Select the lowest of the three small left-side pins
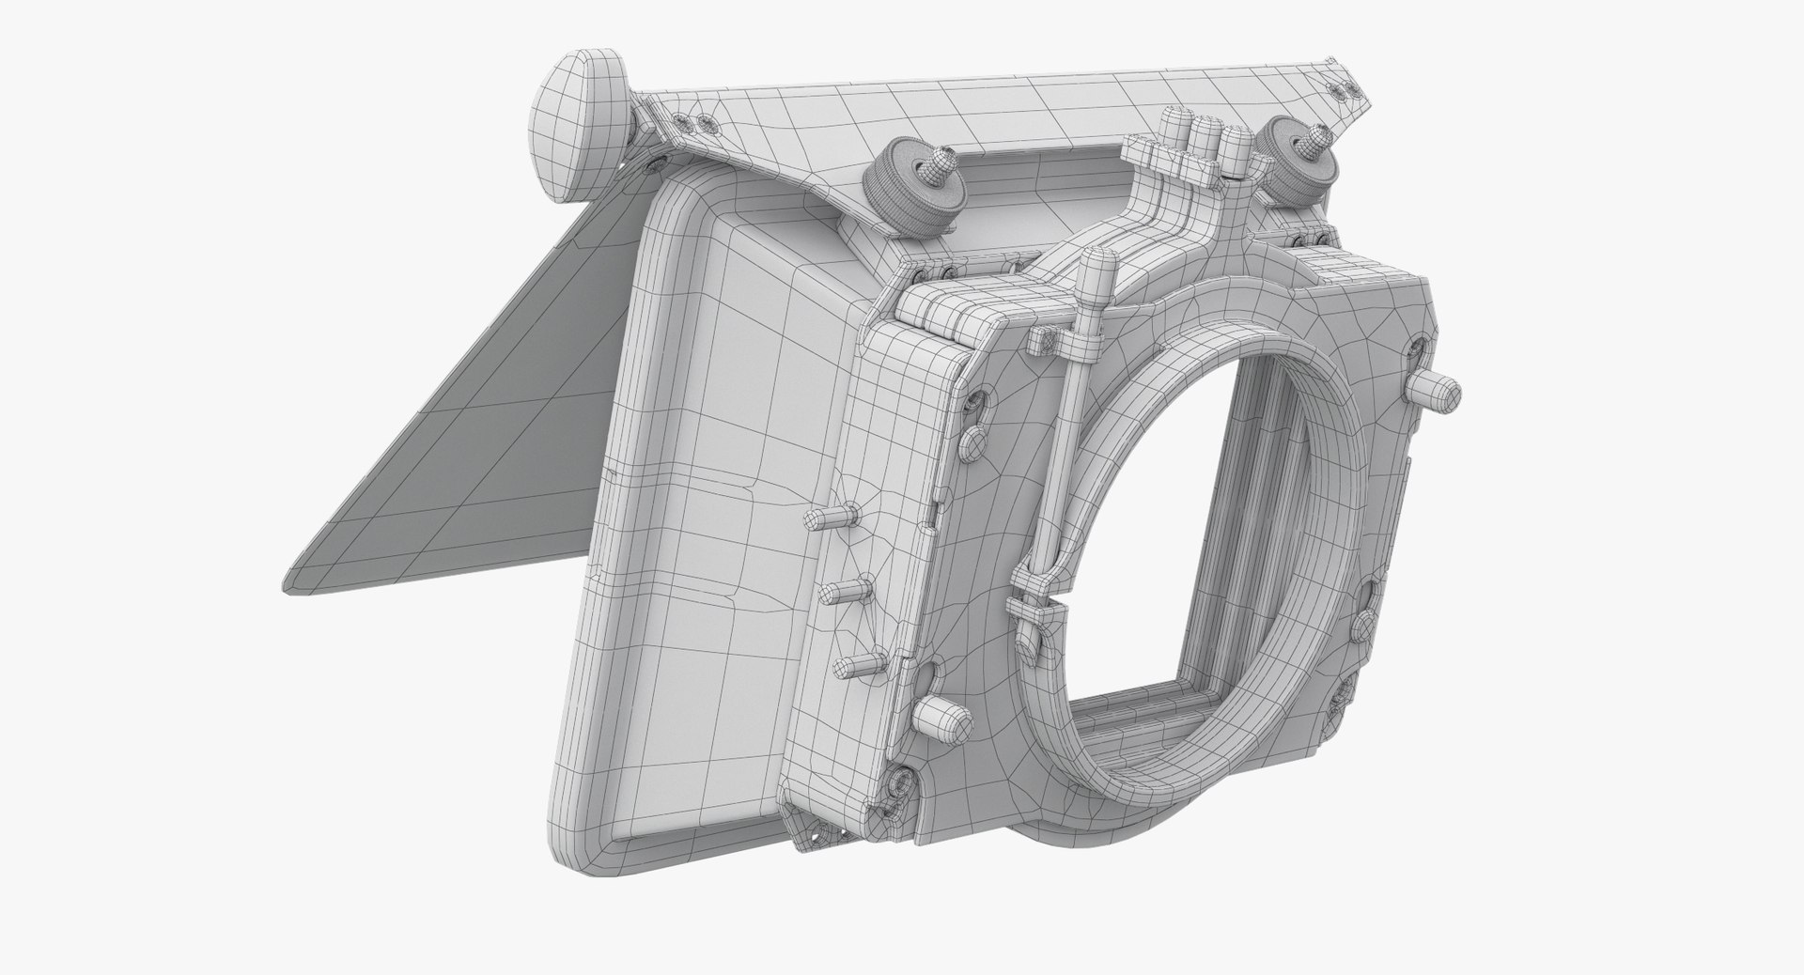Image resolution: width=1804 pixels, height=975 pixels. click(x=856, y=667)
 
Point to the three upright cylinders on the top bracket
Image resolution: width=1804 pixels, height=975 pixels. click(x=1206, y=136)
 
